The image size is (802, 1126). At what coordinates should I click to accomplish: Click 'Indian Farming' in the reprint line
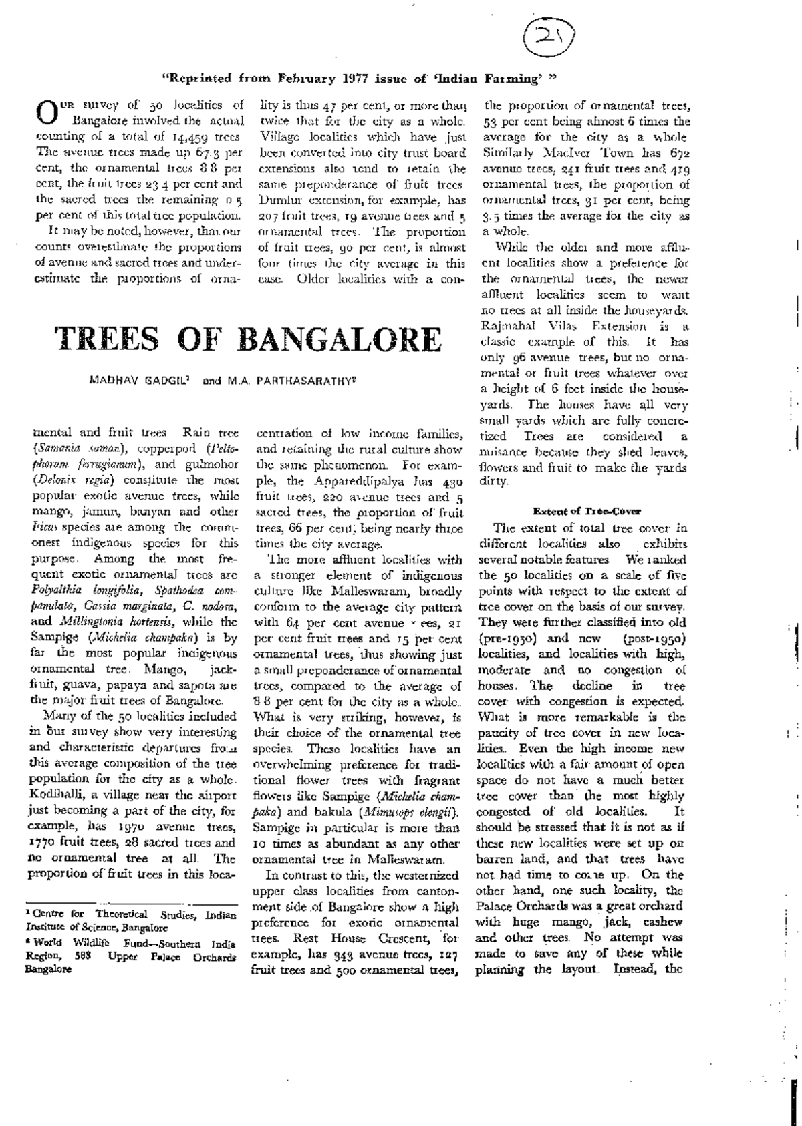click(487, 79)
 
